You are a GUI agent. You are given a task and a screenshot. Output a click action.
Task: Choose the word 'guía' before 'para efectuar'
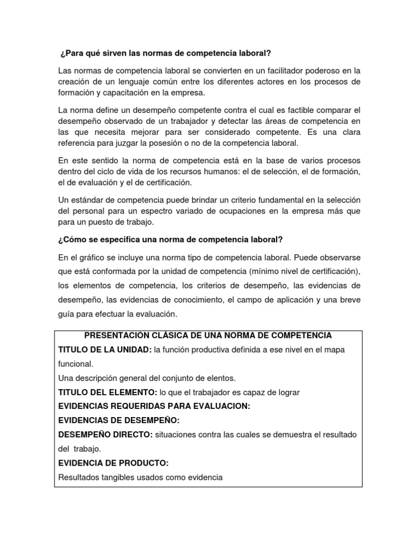[67, 314]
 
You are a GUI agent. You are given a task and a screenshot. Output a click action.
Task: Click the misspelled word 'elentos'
[220, 378]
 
